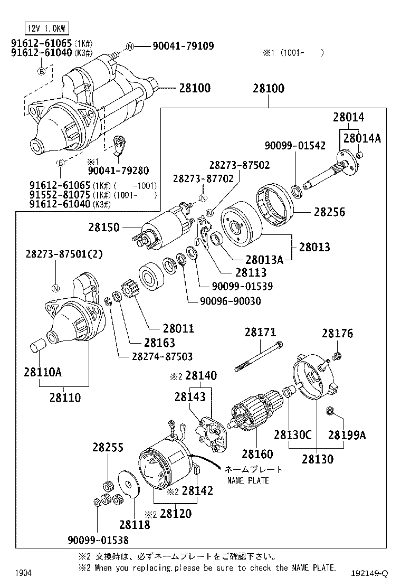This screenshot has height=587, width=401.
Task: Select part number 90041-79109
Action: [183, 46]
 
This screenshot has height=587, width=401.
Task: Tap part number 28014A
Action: [361, 138]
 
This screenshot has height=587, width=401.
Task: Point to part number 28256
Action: [329, 212]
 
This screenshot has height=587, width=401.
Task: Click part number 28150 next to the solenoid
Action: [104, 228]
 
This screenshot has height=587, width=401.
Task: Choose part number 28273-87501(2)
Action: [64, 254]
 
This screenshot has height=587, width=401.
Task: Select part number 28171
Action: [260, 333]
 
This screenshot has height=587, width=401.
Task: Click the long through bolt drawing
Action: [261, 355]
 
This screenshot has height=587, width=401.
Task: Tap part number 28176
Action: [337, 334]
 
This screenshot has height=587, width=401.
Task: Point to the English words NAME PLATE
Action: [248, 480]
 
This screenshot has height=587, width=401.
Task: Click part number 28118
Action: [134, 525]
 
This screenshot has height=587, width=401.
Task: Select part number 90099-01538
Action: [98, 539]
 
